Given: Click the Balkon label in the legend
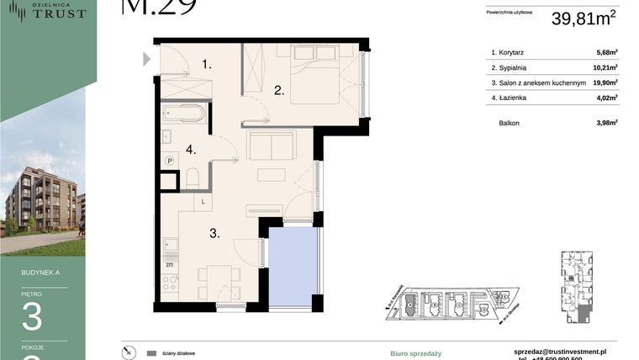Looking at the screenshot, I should tap(509, 123).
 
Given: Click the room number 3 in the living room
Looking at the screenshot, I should tap(214, 233).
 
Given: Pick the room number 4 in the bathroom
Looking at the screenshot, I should tap(191, 150).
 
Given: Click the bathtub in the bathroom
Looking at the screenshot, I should tap(183, 113).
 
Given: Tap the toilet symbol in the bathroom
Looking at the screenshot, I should tap(192, 178).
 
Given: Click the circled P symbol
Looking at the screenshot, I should tap(169, 161).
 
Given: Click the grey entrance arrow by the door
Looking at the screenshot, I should tap(146, 59).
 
